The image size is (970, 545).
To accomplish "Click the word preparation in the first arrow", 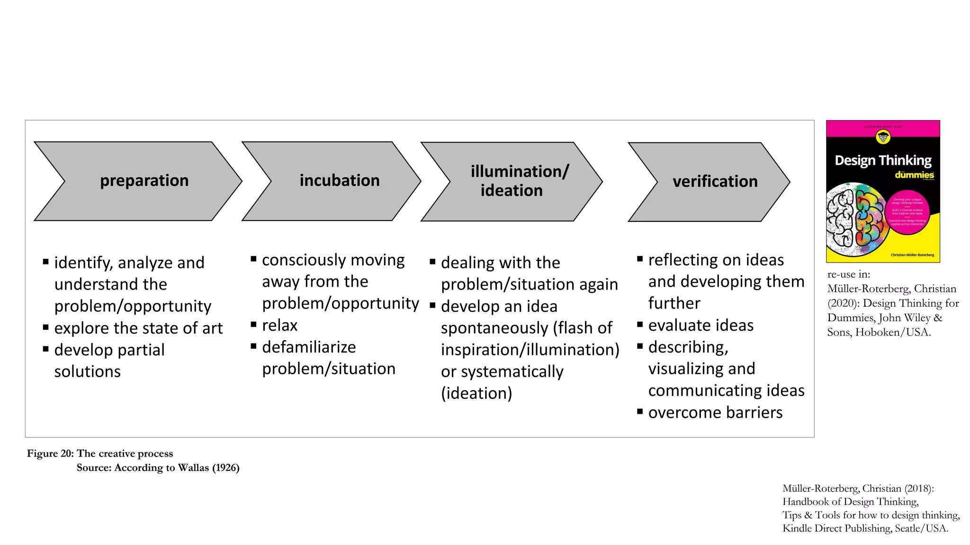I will (x=144, y=181).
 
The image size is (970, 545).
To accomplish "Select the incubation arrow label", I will (x=339, y=181).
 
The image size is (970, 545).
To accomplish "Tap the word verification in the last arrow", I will (x=715, y=182).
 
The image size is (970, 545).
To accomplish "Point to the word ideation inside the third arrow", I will (x=511, y=191).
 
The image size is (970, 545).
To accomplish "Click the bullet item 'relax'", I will (x=279, y=325).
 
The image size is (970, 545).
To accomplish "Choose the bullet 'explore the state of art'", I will (x=138, y=328).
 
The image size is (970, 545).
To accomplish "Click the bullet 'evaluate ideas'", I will (x=700, y=325).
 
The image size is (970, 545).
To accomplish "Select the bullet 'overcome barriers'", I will (x=715, y=413).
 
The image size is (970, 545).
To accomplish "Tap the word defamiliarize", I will (x=308, y=347).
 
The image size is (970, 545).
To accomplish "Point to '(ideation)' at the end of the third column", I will (x=476, y=393).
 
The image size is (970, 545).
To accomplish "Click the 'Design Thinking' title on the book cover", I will (x=882, y=160).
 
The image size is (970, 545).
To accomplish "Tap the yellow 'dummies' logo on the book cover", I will (x=914, y=175).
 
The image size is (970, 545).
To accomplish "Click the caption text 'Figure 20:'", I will (x=50, y=453).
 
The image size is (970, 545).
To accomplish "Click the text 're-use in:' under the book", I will (x=848, y=274).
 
